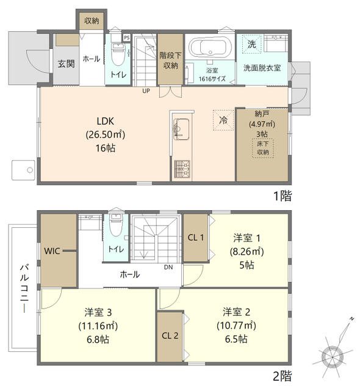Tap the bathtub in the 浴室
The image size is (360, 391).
click(x=209, y=47)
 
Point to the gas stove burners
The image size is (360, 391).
click(x=181, y=168)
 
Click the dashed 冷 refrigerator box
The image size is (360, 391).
click(x=224, y=119)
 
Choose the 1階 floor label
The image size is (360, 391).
click(x=282, y=196)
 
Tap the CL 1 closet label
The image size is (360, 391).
click(x=195, y=237)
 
